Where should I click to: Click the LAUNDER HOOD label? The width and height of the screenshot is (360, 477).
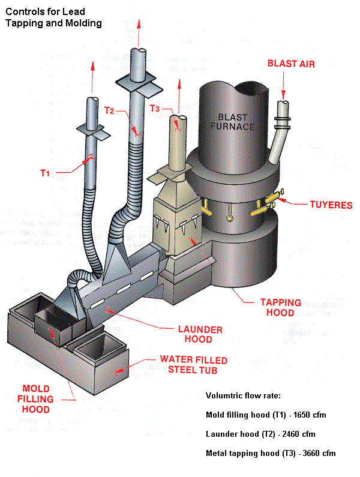click(200, 334)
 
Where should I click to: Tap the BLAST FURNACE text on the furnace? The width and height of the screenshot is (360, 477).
click(236, 122)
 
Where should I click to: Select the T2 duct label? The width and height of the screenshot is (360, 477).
click(110, 111)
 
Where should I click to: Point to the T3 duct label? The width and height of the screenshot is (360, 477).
click(155, 109)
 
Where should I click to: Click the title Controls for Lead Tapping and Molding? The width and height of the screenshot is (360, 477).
click(54, 17)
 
